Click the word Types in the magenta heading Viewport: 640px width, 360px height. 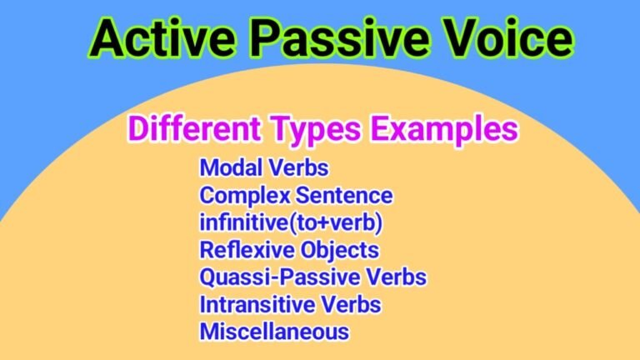point(317,130)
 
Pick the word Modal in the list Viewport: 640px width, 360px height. point(227,167)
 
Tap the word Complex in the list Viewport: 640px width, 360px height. point(243,196)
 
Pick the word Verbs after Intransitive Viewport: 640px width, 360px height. point(351,304)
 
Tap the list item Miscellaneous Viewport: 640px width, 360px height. point(274,332)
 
